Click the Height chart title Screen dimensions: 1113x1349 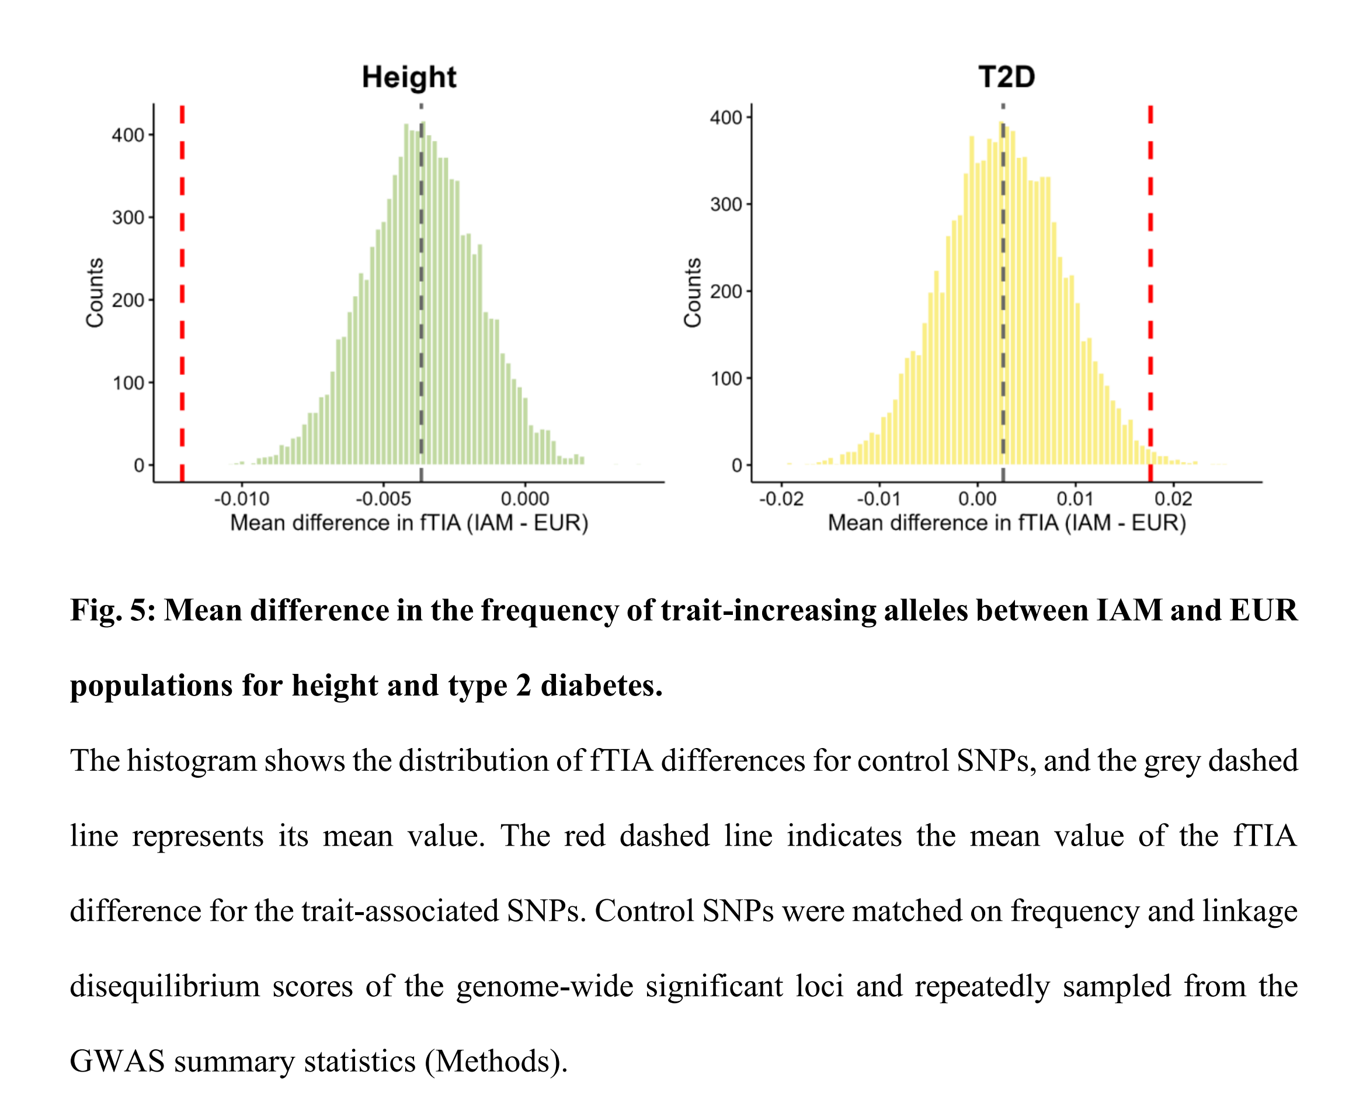408,77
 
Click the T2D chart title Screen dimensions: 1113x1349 1006,77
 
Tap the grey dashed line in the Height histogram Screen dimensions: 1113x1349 421,295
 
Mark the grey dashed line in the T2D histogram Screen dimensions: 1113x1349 1003,295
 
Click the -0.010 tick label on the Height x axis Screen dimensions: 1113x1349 242,499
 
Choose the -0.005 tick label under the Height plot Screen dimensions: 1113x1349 384,499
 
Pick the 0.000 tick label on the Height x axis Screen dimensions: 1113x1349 525,499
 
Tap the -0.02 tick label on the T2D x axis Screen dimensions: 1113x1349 781,499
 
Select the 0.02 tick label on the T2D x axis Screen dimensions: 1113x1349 1173,499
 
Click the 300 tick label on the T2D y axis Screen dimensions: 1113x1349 726,204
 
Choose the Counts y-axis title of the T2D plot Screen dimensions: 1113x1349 693,293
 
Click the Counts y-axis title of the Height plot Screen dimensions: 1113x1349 95,293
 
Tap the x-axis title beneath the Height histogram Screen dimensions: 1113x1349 409,523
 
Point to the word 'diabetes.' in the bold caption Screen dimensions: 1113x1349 601,686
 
